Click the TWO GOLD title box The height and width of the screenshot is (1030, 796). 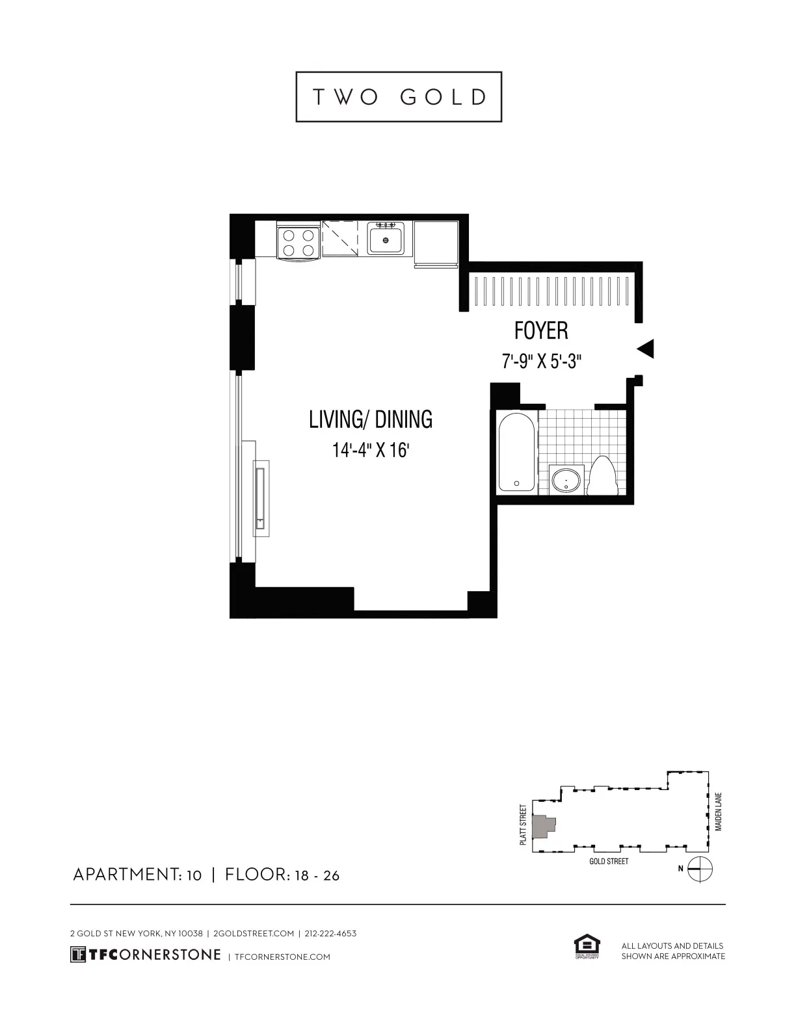(399, 97)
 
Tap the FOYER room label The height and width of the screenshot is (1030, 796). (541, 330)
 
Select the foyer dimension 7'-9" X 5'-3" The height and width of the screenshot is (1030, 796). (541, 361)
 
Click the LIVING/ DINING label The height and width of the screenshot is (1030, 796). (371, 419)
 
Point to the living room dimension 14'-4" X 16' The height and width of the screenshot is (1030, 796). (371, 450)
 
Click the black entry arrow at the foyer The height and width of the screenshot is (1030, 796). (645, 349)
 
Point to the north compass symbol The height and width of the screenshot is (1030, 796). (700, 869)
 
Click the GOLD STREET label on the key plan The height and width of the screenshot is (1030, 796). (609, 862)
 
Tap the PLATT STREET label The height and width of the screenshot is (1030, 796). (523, 825)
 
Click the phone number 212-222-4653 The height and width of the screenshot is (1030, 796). (330, 934)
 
